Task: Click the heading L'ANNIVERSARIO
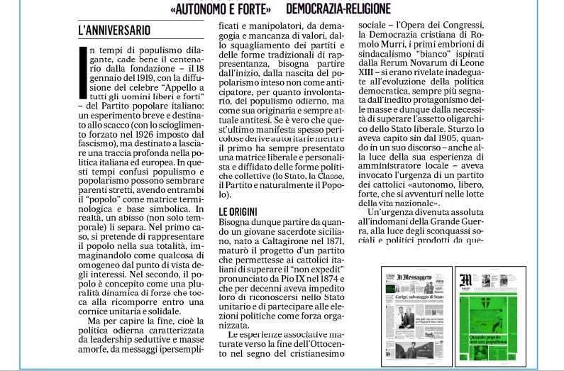[x=115, y=31]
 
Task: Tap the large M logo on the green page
[x=466, y=278]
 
